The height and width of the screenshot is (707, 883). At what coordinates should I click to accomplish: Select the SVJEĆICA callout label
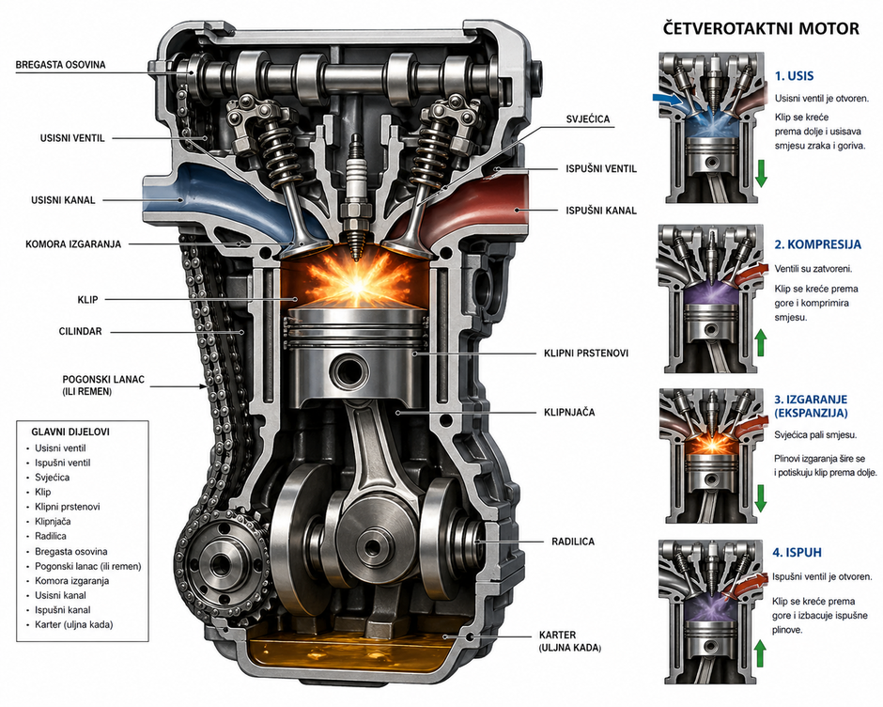point(588,119)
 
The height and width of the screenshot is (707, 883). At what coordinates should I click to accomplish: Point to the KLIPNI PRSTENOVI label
point(585,353)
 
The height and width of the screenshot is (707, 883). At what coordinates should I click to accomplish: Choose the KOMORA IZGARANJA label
point(73,244)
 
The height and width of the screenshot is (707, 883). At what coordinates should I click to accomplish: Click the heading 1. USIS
point(794,76)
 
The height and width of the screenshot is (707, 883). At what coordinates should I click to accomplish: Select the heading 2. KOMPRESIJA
point(817,244)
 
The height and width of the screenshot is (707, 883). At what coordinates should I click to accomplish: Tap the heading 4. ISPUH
point(798,553)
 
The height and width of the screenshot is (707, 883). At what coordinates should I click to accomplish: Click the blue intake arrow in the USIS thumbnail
point(668,97)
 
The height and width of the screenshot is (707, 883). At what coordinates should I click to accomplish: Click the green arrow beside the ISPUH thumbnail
point(760,649)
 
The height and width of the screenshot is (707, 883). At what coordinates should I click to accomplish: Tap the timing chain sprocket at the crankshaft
point(222,565)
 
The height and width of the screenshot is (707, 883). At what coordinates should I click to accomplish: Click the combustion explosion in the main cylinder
point(356,278)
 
